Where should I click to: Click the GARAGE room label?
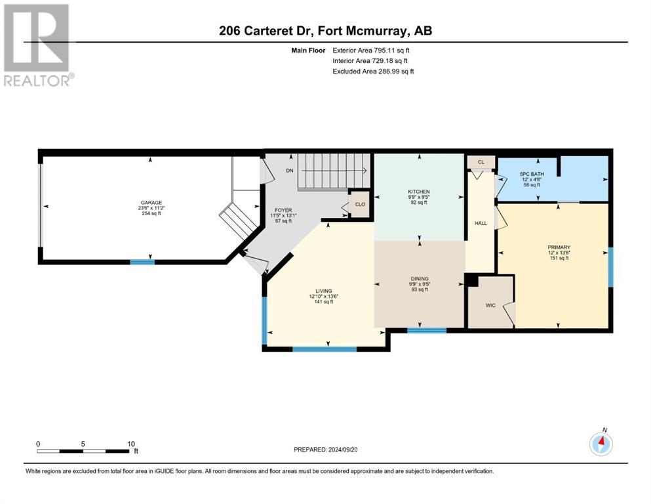151,203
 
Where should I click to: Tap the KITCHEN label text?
418,192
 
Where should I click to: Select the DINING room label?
420,279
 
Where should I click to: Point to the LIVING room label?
323,291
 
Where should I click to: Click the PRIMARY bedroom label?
559,247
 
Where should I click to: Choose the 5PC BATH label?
532,174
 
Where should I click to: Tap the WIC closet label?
490,305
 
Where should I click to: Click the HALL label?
481,223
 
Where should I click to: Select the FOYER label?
283,210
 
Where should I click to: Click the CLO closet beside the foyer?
360,205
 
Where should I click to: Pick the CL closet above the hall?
481,162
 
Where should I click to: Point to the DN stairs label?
289,171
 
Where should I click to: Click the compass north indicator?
601,444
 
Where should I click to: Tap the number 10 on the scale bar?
131,444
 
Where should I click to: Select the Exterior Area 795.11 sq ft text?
371,51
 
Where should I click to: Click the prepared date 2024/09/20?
343,450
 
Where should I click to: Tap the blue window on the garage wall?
142,262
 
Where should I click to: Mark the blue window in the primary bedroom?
611,267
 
